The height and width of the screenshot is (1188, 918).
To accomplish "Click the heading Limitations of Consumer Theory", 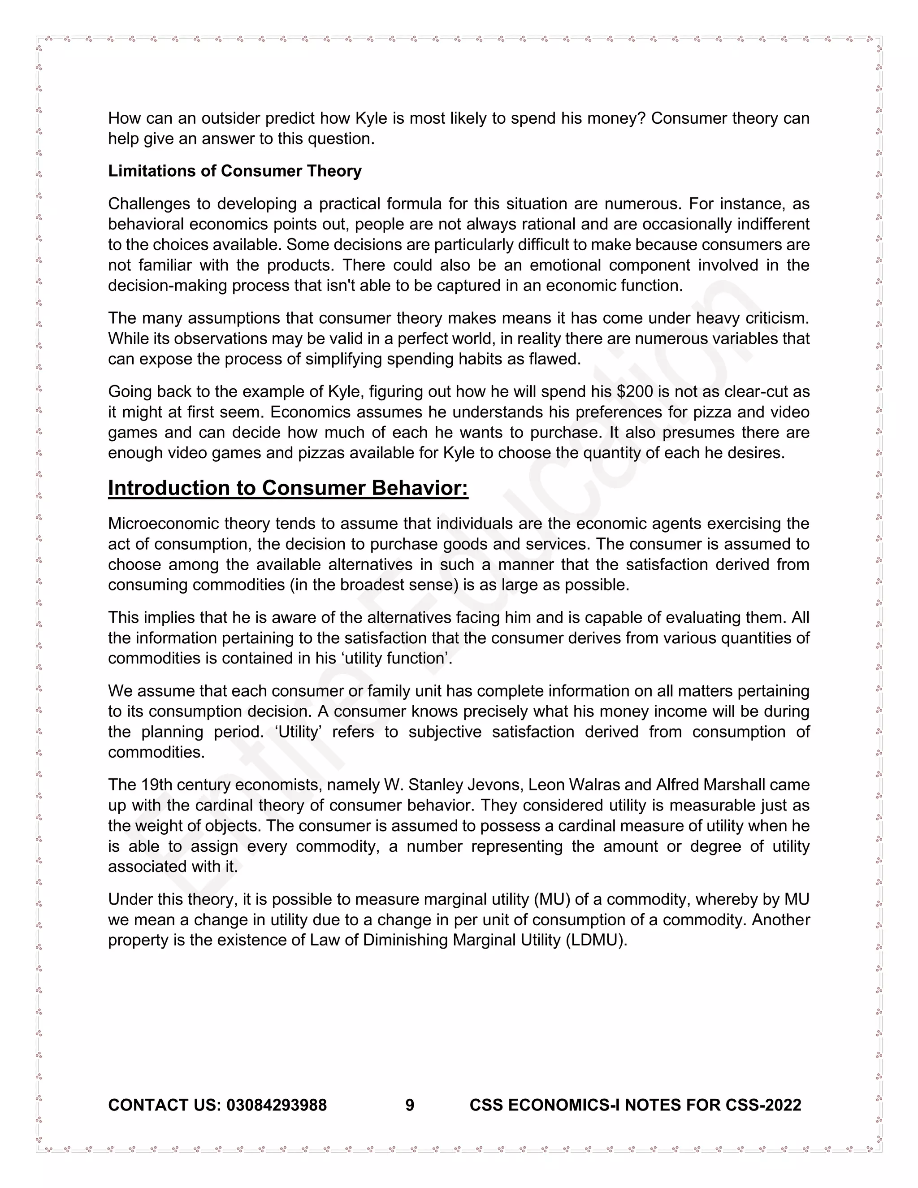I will (234, 171).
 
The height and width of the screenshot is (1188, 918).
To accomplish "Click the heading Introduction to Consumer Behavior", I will (288, 488).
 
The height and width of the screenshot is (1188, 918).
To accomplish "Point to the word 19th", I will (156, 785).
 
